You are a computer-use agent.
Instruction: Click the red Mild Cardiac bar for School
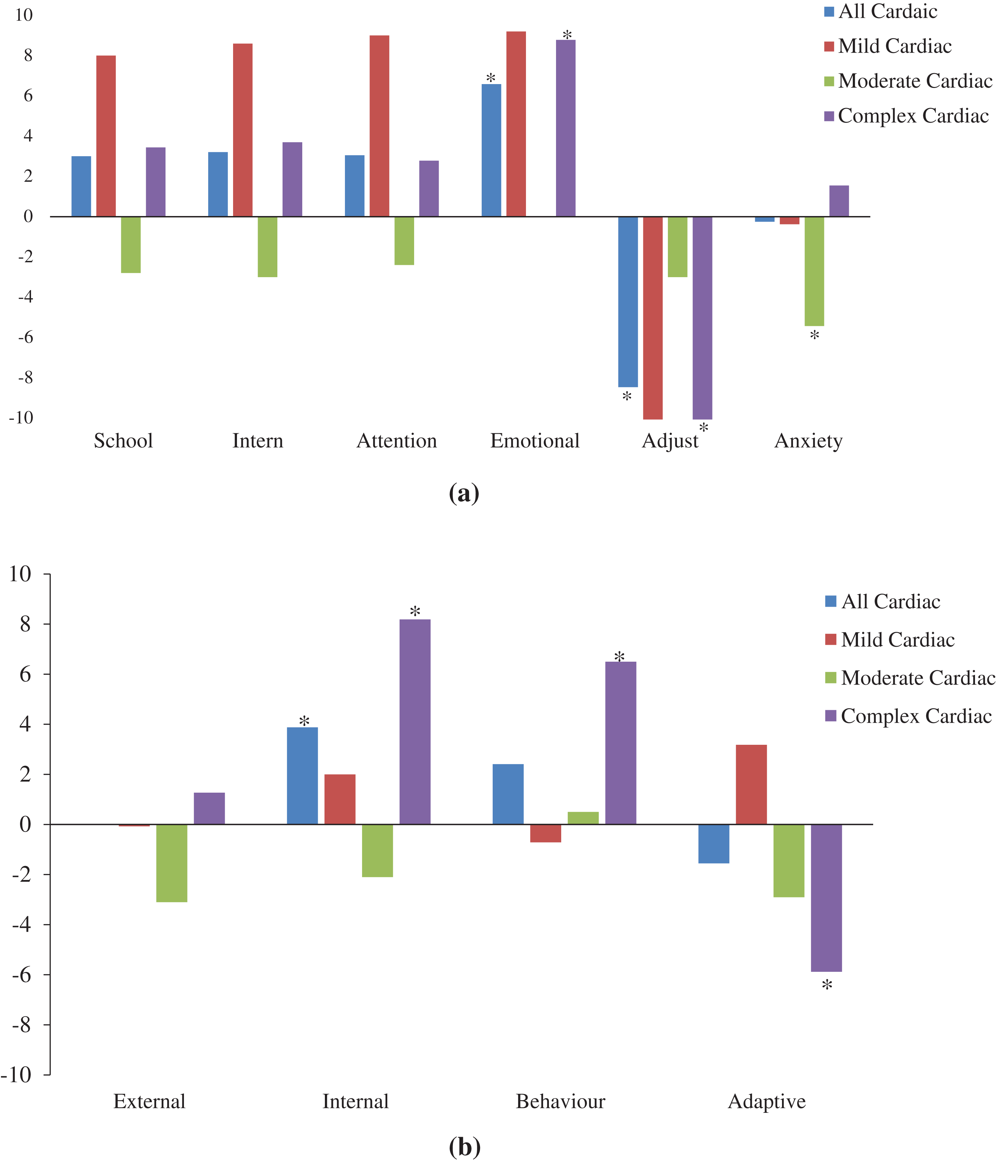[106, 136]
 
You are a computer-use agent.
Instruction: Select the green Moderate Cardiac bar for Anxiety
[814, 271]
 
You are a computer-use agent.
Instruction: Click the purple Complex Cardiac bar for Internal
[414, 722]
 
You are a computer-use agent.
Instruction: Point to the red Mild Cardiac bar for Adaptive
[751, 785]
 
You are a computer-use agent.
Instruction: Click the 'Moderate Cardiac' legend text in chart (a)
[915, 81]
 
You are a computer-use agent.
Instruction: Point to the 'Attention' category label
[397, 441]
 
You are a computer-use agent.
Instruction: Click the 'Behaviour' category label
[560, 1101]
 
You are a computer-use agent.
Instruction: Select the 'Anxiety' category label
[808, 441]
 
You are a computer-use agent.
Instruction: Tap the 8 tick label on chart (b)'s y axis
[25, 624]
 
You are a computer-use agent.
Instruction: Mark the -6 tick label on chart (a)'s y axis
[25, 337]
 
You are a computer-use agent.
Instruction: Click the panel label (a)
[464, 493]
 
